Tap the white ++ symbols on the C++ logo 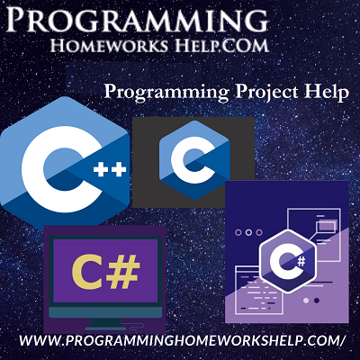[110, 171]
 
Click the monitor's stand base [105, 326]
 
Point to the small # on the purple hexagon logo [301, 262]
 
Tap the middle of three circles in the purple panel [248, 232]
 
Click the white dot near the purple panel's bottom [306, 301]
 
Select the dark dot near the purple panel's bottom [316, 301]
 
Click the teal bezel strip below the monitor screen [105, 312]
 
